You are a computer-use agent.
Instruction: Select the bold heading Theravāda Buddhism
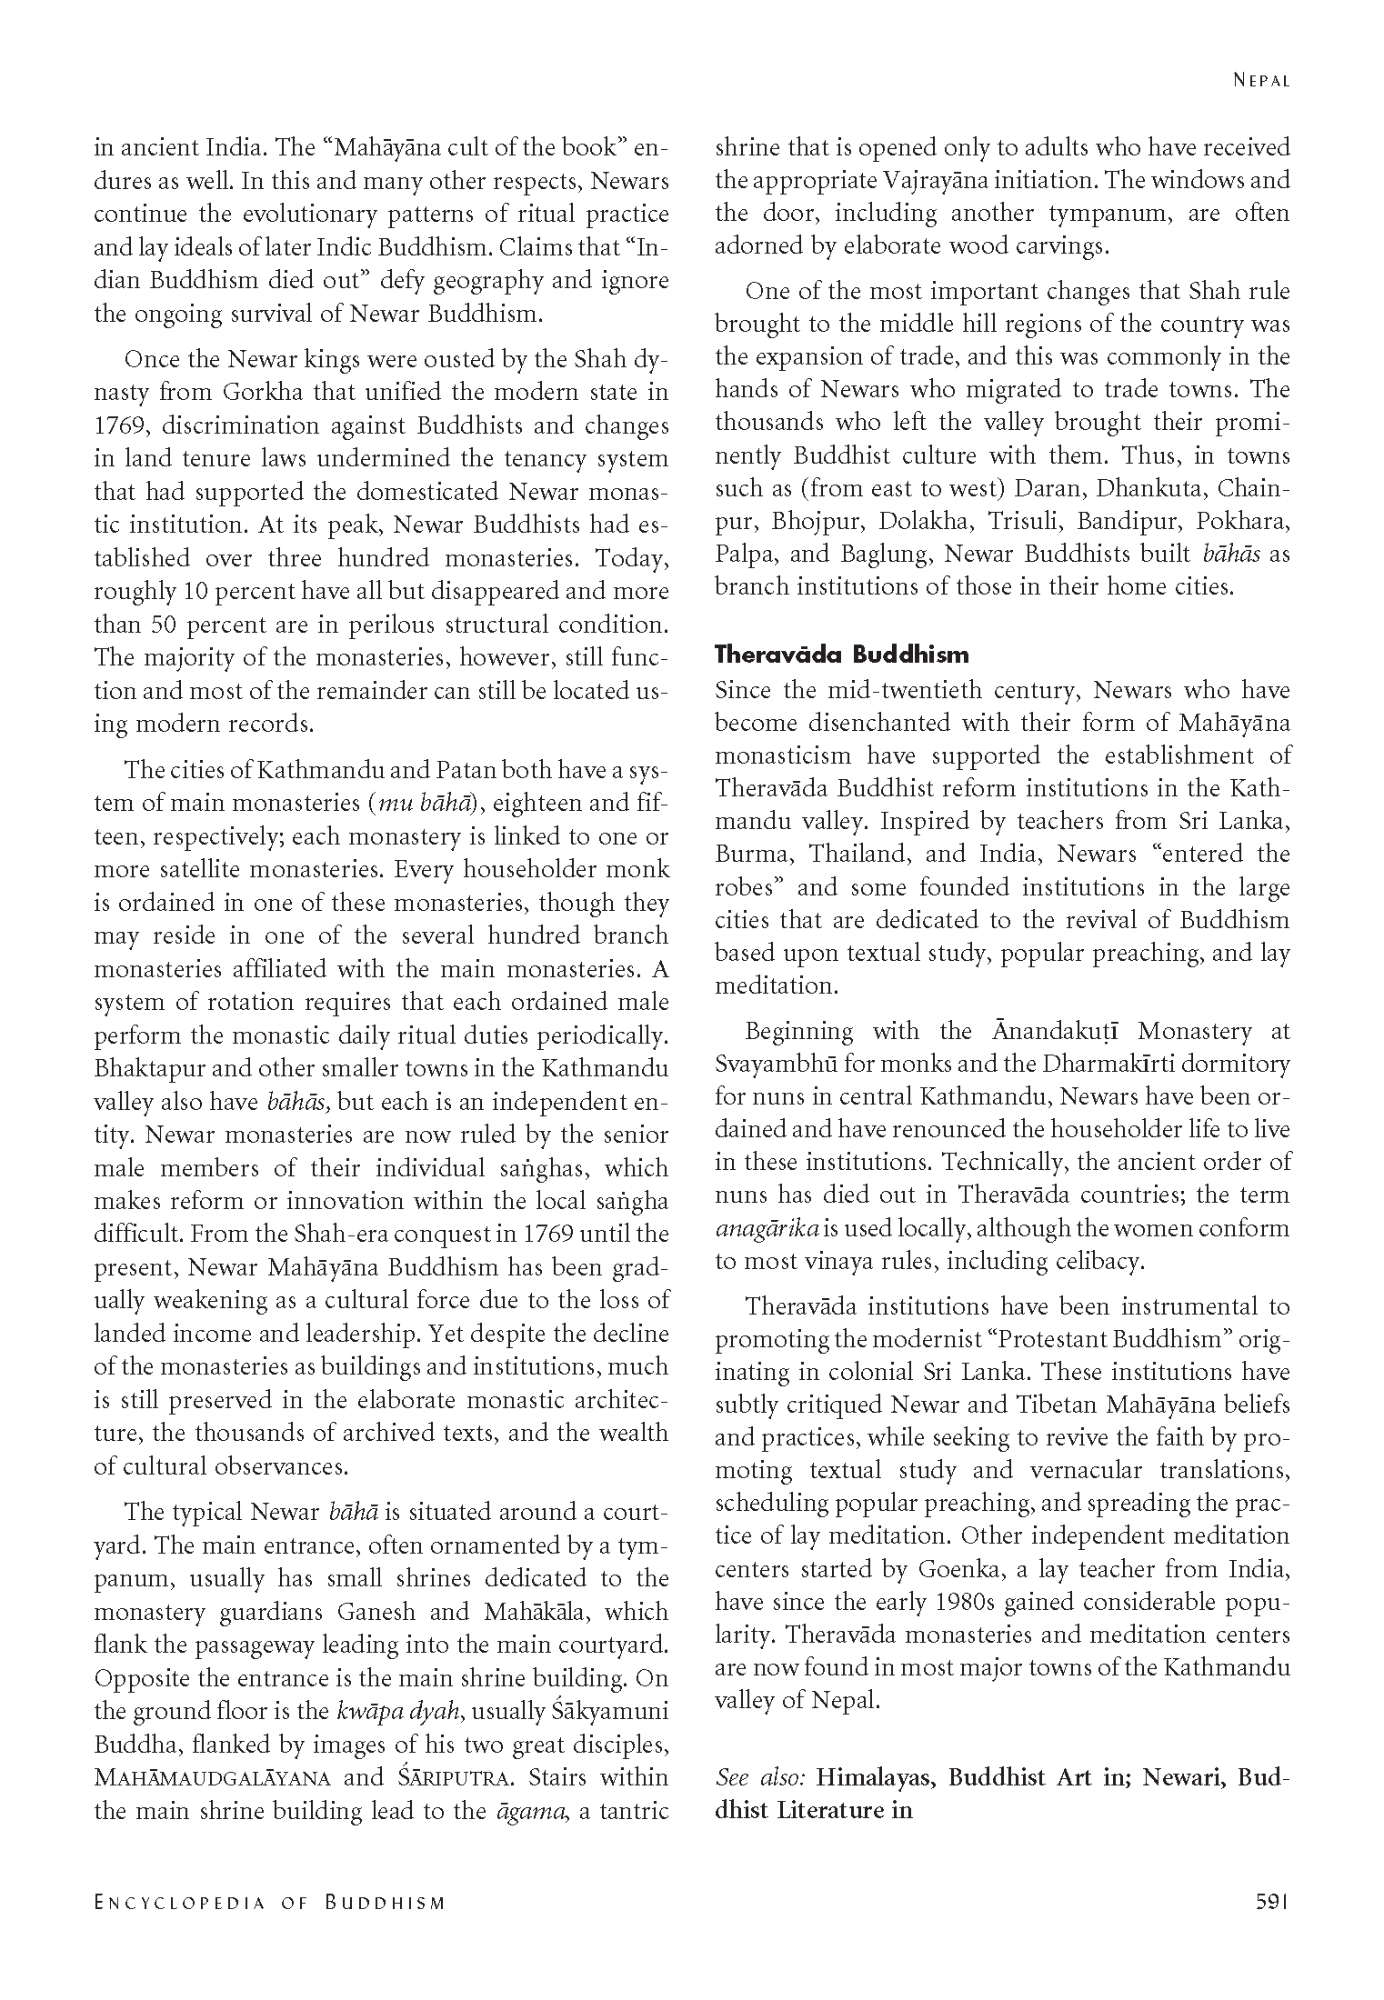click(x=841, y=655)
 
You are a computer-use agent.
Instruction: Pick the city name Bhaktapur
click(x=144, y=1068)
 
